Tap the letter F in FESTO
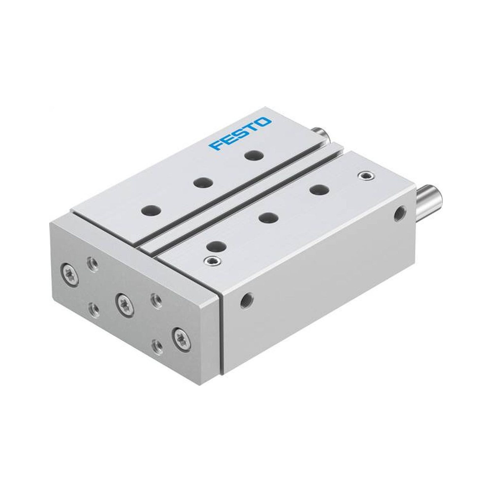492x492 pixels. tap(215, 146)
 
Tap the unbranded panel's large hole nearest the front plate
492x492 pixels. tap(217, 246)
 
